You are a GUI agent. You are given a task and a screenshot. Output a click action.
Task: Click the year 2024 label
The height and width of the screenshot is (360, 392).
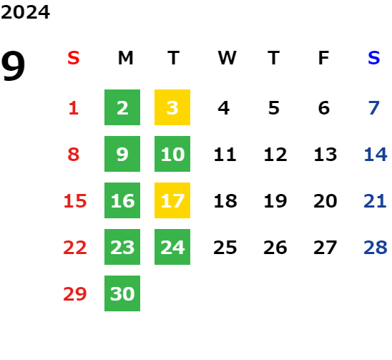click(25, 12)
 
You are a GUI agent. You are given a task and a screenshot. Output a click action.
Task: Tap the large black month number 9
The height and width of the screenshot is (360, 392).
click(13, 66)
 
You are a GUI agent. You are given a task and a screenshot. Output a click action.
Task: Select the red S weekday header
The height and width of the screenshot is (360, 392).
click(74, 58)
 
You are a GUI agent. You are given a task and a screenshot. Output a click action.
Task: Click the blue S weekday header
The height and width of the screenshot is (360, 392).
click(373, 58)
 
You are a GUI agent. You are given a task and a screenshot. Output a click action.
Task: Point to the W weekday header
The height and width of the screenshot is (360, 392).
click(227, 58)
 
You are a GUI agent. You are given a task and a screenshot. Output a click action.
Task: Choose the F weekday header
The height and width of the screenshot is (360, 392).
click(323, 58)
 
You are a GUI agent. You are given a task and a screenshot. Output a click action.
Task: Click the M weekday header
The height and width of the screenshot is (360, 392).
click(125, 58)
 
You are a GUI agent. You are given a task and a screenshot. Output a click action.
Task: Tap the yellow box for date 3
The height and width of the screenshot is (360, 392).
click(172, 107)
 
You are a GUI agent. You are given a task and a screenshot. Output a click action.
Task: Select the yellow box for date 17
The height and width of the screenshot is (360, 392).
click(172, 200)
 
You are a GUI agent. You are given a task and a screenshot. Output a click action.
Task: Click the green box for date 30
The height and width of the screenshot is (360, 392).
click(122, 293)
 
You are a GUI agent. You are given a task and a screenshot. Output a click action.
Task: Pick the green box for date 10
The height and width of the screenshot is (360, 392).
click(172, 154)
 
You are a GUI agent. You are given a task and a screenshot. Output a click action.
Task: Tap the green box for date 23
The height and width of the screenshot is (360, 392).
click(122, 247)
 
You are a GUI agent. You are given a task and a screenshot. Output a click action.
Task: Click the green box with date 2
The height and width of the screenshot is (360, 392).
click(122, 107)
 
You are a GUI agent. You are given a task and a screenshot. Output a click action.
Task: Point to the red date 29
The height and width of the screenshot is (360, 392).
click(75, 293)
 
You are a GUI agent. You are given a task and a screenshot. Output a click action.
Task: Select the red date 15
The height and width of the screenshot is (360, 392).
click(75, 200)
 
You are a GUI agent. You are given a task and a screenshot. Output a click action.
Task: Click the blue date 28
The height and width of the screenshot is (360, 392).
click(376, 247)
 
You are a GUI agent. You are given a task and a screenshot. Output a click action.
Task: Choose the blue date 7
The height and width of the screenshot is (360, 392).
click(373, 108)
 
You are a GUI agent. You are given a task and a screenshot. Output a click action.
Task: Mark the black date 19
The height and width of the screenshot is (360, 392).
click(275, 200)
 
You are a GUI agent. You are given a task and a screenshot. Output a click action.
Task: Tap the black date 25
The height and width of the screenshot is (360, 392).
click(225, 247)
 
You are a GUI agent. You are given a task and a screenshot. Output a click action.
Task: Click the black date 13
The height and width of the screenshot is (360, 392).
click(325, 154)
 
